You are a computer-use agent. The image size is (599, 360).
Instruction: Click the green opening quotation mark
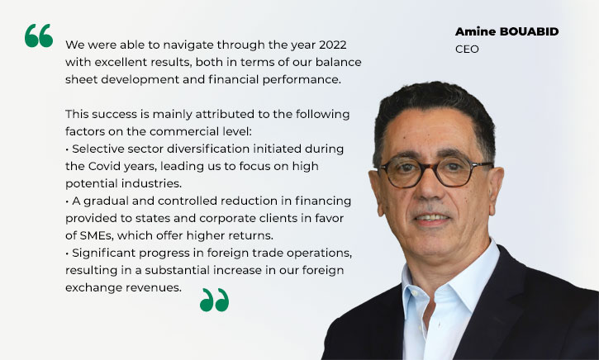coord(39,36)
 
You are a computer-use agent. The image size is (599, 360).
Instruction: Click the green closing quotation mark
coord(214,300)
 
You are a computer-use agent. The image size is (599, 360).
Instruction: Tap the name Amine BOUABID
coord(506,31)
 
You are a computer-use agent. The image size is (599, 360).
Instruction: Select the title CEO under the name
coord(467,50)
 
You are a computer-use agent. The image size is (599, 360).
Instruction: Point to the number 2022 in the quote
coord(333,45)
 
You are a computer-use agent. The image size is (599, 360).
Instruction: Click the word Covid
coord(103,166)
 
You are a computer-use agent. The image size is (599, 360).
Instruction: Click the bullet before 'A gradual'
coord(67,201)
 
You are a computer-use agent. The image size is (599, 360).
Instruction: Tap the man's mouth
coord(431,218)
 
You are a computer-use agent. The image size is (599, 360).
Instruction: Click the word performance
coord(302,80)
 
